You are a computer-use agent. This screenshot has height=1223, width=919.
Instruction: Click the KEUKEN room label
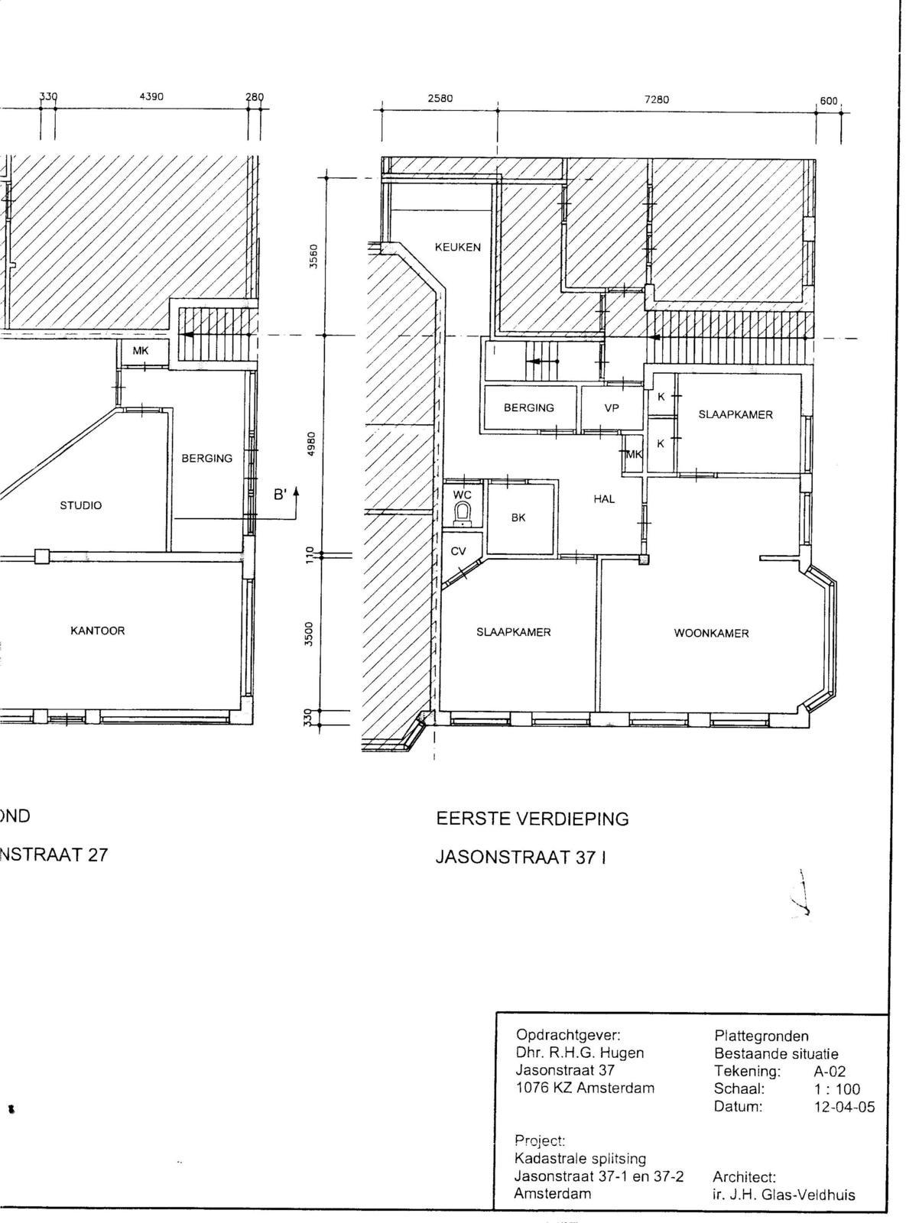click(x=457, y=247)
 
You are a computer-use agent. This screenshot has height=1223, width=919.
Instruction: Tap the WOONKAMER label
click(x=711, y=634)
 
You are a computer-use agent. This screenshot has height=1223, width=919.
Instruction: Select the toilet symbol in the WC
click(x=462, y=514)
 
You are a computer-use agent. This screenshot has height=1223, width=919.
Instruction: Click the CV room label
click(x=458, y=552)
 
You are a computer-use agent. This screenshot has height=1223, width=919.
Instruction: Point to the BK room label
click(x=518, y=517)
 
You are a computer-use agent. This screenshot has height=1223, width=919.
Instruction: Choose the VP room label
click(x=612, y=408)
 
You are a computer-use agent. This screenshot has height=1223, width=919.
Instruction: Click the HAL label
click(x=604, y=498)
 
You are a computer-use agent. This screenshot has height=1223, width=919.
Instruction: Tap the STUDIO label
click(x=81, y=505)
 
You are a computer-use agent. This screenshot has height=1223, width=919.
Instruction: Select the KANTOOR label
click(x=98, y=631)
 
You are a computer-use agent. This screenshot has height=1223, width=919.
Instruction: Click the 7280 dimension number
click(x=657, y=99)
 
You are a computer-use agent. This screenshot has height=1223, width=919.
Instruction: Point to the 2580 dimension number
click(x=440, y=99)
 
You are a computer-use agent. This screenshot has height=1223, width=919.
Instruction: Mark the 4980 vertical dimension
click(x=313, y=444)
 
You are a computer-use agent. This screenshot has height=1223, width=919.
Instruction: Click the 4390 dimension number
click(x=151, y=96)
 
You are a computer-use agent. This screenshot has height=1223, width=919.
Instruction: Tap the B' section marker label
click(x=281, y=495)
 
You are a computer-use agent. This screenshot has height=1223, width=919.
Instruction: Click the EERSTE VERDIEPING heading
click(x=532, y=819)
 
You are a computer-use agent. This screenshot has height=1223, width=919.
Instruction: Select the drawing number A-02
click(x=830, y=1071)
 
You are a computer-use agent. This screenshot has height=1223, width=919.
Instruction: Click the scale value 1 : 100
click(x=836, y=1088)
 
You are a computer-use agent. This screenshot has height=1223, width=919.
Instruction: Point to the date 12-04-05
click(x=844, y=1107)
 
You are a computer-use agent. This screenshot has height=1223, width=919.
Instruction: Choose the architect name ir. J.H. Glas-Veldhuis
click(x=784, y=1195)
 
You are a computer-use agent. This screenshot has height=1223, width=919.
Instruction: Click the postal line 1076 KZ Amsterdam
click(x=585, y=1088)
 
